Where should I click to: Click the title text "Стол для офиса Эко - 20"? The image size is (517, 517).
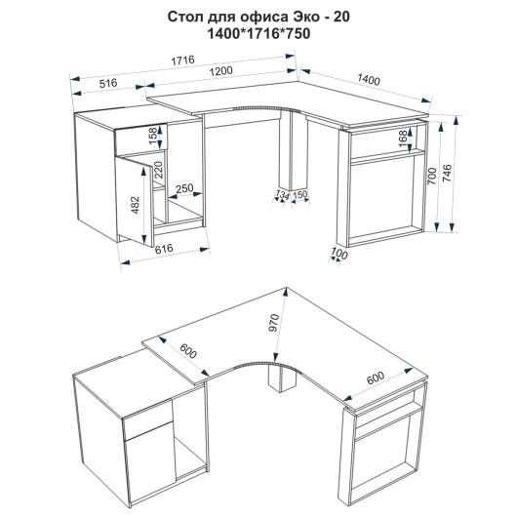258,18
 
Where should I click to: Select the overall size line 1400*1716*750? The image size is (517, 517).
258,34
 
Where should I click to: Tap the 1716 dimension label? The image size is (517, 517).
182,60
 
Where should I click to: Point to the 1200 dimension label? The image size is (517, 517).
220,71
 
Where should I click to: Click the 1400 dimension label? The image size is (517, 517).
369,79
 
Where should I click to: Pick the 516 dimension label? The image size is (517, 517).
108,83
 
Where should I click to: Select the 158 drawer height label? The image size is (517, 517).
153,136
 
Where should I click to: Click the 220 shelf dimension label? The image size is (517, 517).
158,170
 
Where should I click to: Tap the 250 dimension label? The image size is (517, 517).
184,188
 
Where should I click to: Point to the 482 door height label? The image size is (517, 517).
136,205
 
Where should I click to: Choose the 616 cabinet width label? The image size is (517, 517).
164,248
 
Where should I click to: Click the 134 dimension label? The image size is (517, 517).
282,194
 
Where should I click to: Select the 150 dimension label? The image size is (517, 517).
299,194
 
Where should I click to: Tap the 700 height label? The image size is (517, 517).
431,176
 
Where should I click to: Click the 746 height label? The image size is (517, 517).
447,174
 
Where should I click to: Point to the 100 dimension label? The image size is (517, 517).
339,254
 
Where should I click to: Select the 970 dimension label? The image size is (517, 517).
274,323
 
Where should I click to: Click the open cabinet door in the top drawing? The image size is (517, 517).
135,201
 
